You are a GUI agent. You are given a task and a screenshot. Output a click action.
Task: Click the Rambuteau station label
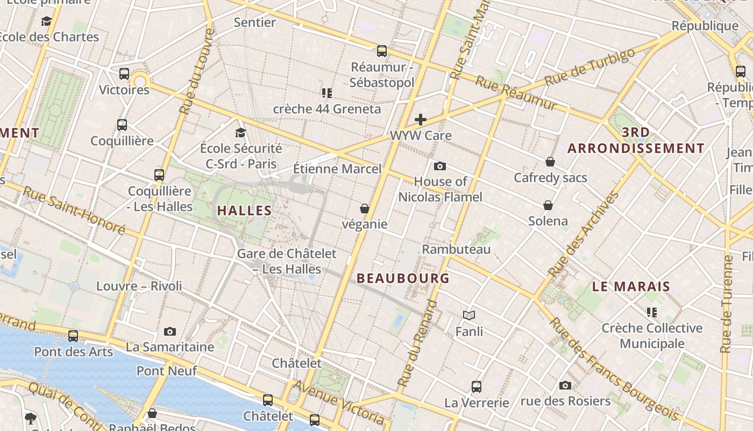(x=456, y=249)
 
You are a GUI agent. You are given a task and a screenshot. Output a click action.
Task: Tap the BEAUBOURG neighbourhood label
(x=403, y=279)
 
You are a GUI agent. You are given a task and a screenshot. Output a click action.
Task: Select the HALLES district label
(x=244, y=211)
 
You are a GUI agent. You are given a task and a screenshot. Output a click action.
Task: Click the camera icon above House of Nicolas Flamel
(x=440, y=166)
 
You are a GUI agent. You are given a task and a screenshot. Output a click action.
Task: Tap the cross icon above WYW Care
(x=421, y=120)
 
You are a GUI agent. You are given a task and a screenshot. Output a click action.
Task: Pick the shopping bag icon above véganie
(x=365, y=208)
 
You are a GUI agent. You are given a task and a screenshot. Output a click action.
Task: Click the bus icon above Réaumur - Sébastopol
(x=382, y=51)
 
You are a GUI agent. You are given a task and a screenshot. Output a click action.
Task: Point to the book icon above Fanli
(x=469, y=315)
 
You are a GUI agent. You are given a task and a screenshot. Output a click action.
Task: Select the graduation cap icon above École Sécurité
(x=240, y=133)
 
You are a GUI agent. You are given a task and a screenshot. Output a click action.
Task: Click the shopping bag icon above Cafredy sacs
(x=550, y=162)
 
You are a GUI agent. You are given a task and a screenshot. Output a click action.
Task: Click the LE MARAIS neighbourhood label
(x=631, y=287)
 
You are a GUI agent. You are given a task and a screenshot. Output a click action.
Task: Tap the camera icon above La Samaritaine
(x=170, y=331)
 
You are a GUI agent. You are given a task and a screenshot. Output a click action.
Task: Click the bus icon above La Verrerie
(x=477, y=386)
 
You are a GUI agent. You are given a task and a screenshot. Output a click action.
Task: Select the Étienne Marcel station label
(x=337, y=169)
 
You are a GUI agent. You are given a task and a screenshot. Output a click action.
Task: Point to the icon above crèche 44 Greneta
(x=327, y=93)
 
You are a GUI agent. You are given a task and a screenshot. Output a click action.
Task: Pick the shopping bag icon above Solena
(x=548, y=205)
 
